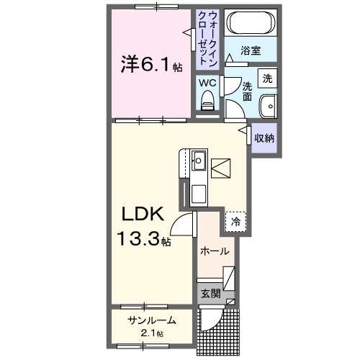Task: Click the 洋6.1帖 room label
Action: [151, 65]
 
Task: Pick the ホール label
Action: [215, 251]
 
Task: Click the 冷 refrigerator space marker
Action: [235, 222]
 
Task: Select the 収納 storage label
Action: [264, 137]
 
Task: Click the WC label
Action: [207, 83]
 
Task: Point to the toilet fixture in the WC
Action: [207, 102]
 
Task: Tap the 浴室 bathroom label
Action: [250, 51]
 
